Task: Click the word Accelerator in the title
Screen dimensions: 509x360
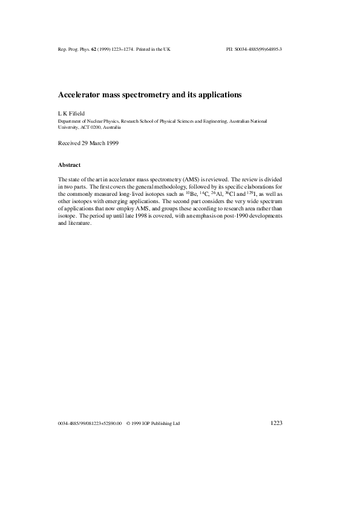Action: pyautogui.click(x=79, y=95)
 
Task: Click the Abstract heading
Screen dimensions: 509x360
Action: pyautogui.click(x=70, y=164)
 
